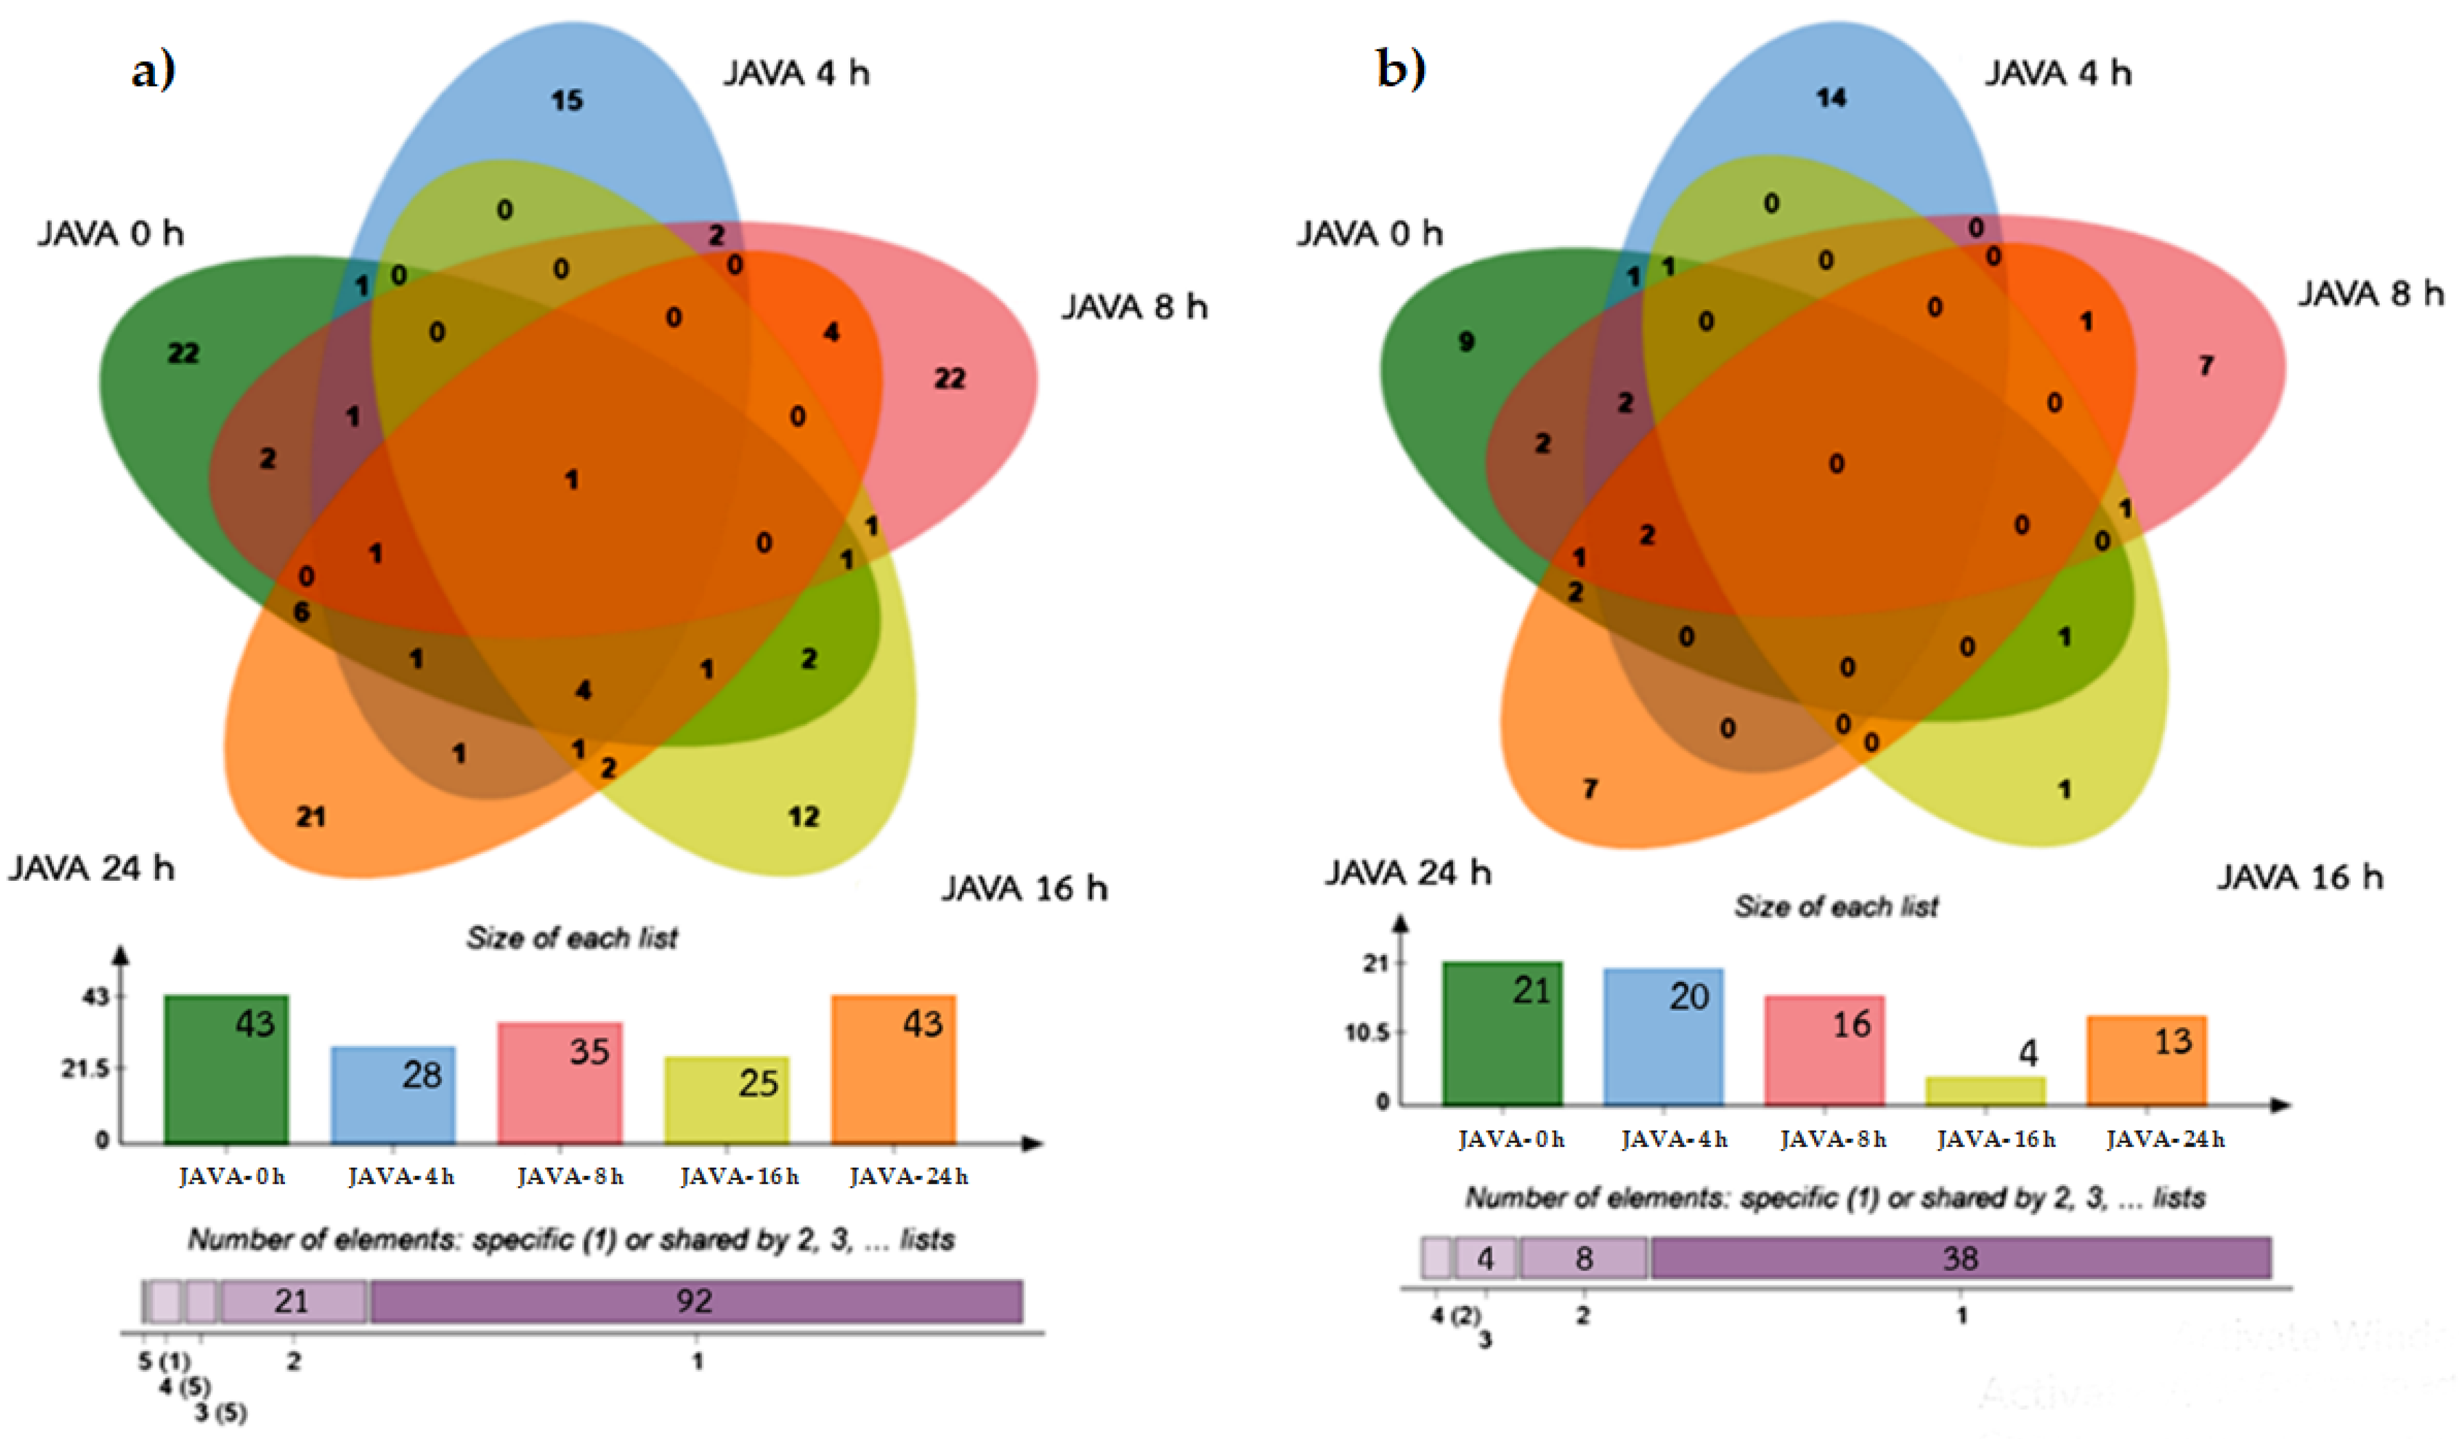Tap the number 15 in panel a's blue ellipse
tap(567, 100)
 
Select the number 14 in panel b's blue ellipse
tap(1831, 97)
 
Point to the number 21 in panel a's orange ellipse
tap(311, 817)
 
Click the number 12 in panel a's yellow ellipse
tap(804, 817)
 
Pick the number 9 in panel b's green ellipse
tap(1466, 341)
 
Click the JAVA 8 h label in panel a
tap(1134, 307)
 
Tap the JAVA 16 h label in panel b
tap(2300, 877)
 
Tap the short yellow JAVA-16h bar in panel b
tap(1986, 1091)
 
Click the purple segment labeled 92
tap(695, 1301)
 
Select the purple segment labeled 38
tap(1960, 1258)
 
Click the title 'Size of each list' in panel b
tap(1835, 907)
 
